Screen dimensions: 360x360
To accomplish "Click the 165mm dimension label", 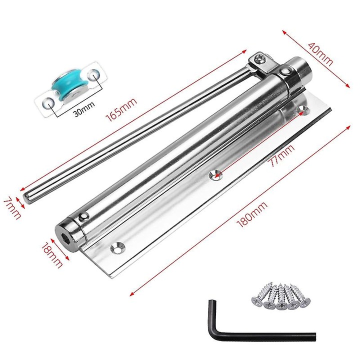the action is [121, 109].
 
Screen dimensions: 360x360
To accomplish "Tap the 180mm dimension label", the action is [252, 214].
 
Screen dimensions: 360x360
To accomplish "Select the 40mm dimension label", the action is [320, 54].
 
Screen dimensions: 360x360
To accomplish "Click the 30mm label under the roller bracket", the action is [84, 109].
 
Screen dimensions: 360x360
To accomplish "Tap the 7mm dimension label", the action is [12, 208].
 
